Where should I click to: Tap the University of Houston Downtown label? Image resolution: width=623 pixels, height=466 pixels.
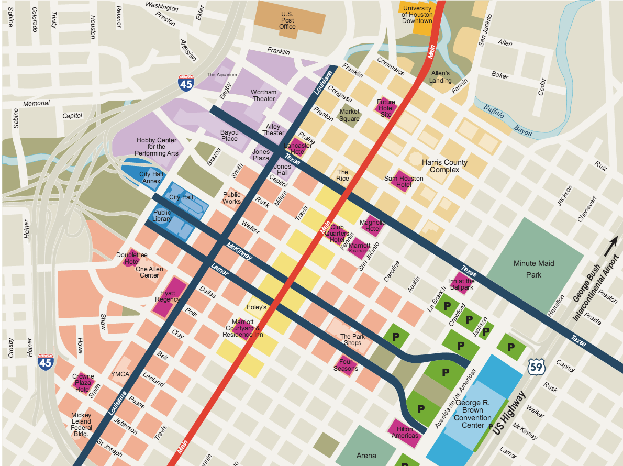coord(417,15)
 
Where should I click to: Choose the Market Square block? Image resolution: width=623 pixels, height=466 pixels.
coord(350,115)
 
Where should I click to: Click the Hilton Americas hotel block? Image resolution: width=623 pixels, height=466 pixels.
coord(405,432)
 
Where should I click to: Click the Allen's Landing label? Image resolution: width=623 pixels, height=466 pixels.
coord(440,77)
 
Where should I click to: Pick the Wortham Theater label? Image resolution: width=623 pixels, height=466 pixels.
coord(263,95)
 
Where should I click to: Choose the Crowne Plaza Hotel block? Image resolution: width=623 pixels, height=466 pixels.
coord(83,383)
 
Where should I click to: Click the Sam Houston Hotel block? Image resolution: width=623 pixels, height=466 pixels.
coord(404,181)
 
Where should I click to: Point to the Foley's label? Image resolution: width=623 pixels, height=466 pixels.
coord(256,307)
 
